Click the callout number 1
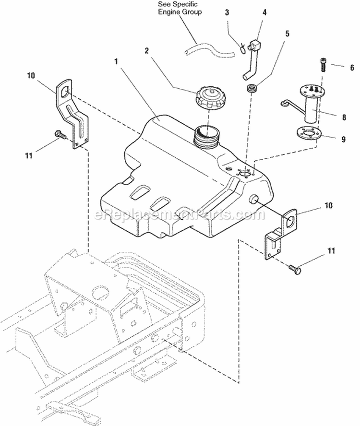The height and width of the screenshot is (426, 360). (x=116, y=61)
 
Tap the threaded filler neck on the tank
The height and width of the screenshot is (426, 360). (x=206, y=134)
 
